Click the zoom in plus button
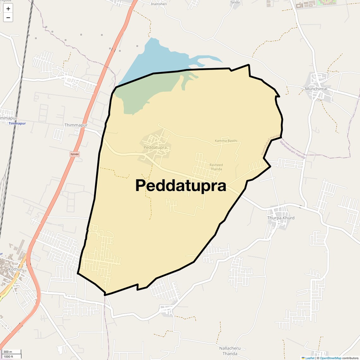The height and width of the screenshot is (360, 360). pos(8,9)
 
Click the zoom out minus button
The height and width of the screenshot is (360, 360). pos(8,17)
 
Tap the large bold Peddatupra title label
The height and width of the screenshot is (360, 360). pos(181,186)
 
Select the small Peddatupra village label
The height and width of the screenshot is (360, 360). pos(155,147)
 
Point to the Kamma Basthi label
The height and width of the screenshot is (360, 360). pos(226,141)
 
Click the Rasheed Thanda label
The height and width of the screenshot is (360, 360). pos(216,167)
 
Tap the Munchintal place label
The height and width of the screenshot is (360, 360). pos(316,89)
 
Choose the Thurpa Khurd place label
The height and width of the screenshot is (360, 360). pos(281,218)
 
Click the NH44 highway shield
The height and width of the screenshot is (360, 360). pos(74,154)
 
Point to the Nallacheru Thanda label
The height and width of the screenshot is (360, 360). pos(230,351)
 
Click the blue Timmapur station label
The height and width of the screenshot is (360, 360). pos(17,123)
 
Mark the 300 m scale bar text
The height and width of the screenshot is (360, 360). pos(8,352)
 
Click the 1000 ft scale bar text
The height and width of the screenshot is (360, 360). pos(9,357)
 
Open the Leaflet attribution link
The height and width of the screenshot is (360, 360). pos(309,358)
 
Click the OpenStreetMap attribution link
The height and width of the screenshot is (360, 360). pos(330,358)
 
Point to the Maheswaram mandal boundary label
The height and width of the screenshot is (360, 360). pos(292,149)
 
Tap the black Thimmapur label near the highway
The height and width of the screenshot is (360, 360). pos(76,125)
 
